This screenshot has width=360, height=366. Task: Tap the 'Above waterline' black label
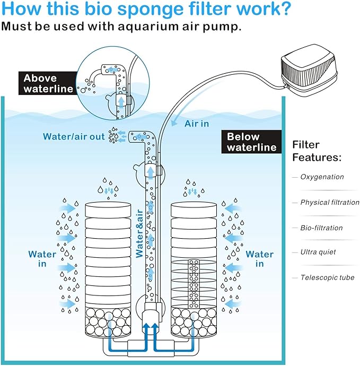click(48, 83)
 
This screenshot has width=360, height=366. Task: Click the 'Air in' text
click(197, 124)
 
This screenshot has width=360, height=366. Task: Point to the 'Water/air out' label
click(74, 137)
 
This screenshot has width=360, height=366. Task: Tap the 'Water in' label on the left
click(42, 259)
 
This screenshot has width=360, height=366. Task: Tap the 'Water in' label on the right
click(260, 259)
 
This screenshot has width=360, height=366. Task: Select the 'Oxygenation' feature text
click(322, 177)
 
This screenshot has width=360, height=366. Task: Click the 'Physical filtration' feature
click(329, 203)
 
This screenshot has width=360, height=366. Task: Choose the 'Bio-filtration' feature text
click(321, 228)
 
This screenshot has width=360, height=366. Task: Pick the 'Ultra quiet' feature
click(318, 252)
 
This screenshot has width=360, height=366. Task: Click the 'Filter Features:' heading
click(317, 151)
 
